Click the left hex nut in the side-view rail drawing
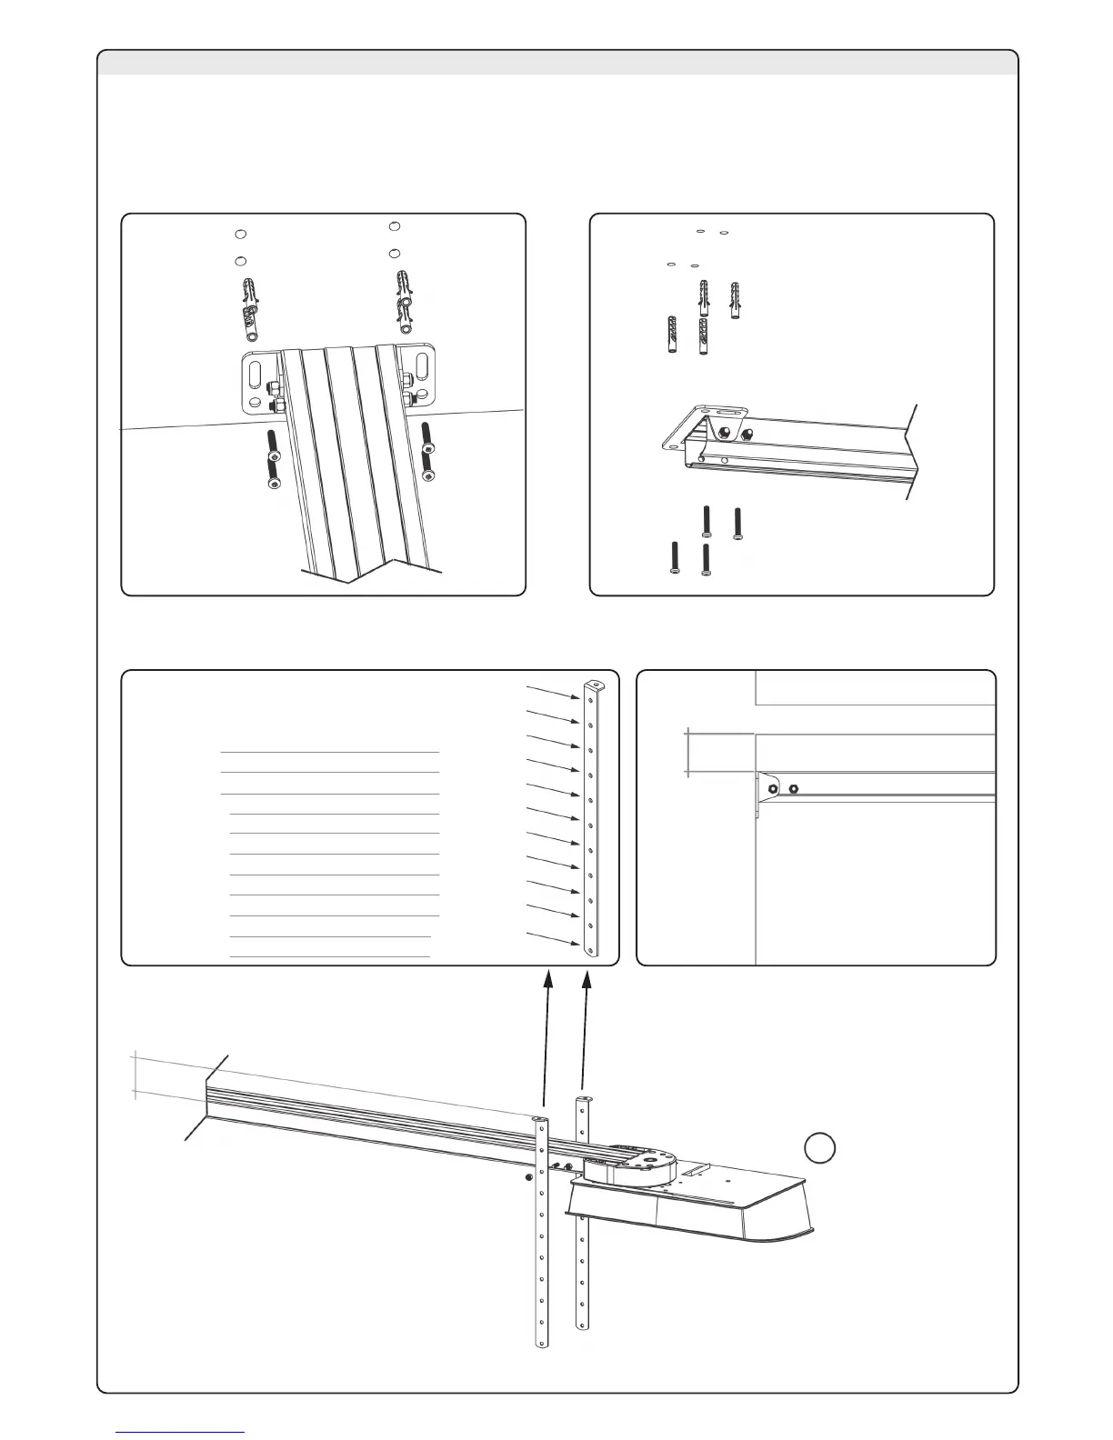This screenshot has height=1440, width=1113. click(x=772, y=788)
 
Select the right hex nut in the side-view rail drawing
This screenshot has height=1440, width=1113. click(x=795, y=788)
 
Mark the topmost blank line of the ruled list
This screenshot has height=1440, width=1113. click(x=330, y=753)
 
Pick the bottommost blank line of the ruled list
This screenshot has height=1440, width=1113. click(x=330, y=956)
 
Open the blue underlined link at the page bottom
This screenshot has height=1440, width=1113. click(x=181, y=1433)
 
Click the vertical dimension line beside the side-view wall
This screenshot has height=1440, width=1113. click(x=688, y=753)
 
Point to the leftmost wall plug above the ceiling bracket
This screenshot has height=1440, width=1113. click(x=671, y=337)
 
